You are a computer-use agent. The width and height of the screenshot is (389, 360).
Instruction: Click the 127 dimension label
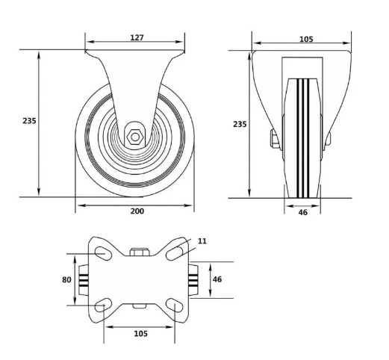pyautogui.click(x=137, y=37)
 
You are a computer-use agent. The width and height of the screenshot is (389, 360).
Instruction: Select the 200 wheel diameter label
pyautogui.click(x=137, y=211)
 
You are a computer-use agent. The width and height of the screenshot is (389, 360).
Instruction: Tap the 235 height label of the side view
pyautogui.click(x=29, y=121)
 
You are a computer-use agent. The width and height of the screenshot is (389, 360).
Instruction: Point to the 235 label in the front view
pyautogui.click(x=240, y=124)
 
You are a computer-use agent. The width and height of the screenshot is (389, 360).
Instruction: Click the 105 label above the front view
pyautogui.click(x=306, y=39)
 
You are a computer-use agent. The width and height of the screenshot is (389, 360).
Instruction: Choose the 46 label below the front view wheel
pyautogui.click(x=302, y=212)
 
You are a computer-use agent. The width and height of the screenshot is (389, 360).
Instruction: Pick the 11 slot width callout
pyautogui.click(x=202, y=241)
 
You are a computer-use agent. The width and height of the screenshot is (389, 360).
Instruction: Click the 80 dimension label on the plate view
pyautogui.click(x=66, y=280)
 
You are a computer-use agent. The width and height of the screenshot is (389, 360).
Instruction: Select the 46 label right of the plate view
pyautogui.click(x=217, y=279)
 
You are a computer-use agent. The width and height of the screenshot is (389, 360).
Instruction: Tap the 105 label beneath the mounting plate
pyautogui.click(x=141, y=334)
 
